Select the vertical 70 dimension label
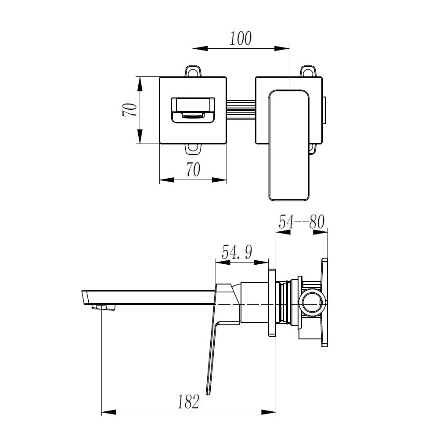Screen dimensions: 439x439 [129, 110]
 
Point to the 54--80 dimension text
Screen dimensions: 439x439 [302, 221]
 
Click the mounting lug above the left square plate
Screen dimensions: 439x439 [193, 71]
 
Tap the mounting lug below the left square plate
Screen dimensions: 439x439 [193, 150]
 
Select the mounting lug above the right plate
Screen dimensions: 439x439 [308, 71]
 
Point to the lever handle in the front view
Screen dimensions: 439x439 [289, 145]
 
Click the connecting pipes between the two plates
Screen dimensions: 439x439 [241, 110]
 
